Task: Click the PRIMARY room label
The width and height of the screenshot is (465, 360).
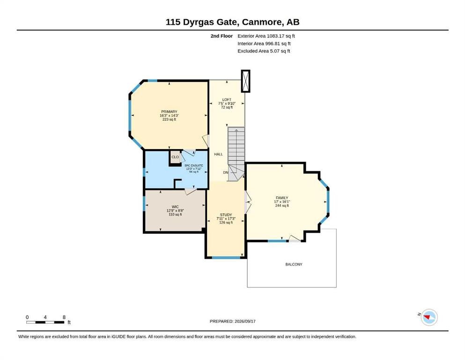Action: click(x=170, y=112)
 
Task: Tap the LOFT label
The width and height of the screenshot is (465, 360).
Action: click(x=227, y=100)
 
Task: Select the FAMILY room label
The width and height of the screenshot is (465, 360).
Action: click(x=282, y=198)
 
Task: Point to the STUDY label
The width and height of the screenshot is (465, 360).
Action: click(x=226, y=215)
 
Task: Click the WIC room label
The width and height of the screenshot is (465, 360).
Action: click(x=175, y=207)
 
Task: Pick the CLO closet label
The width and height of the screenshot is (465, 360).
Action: click(x=175, y=157)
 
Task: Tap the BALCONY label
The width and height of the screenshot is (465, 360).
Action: click(x=294, y=264)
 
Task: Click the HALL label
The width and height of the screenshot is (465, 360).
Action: click(x=219, y=154)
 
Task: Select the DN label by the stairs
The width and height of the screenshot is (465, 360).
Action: click(x=226, y=172)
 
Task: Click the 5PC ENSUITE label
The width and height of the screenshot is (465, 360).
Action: click(x=194, y=165)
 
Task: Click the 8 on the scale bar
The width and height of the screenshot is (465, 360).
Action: click(x=64, y=317)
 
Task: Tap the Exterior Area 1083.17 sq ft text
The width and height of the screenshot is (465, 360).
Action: click(x=266, y=36)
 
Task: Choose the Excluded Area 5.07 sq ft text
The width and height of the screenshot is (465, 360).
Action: click(x=264, y=51)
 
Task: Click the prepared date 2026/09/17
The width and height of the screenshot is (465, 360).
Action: click(x=245, y=321)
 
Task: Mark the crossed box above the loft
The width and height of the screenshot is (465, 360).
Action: click(x=246, y=81)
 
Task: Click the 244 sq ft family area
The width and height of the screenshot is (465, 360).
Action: click(x=282, y=205)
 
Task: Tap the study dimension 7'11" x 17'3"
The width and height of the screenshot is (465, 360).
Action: click(x=226, y=218)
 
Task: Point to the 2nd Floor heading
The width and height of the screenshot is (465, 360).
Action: click(x=221, y=36)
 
